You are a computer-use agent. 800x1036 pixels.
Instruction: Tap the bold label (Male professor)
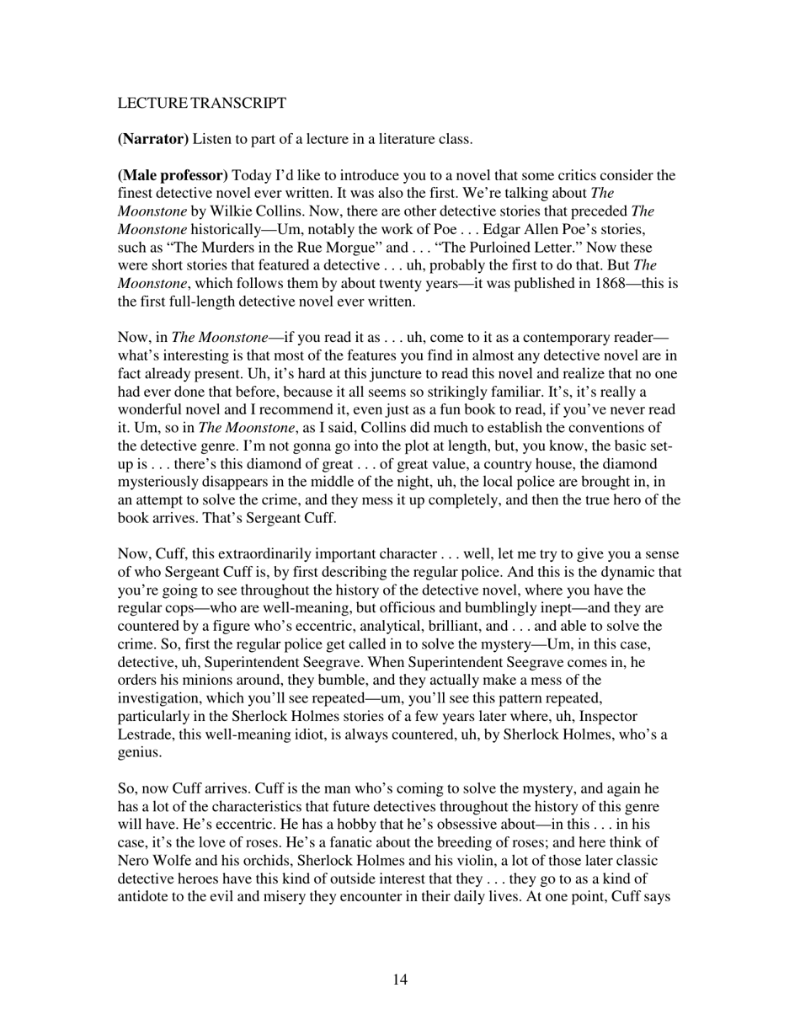coord(173,175)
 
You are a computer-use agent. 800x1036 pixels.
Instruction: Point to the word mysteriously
coord(157,483)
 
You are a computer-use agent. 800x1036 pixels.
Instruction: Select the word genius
coord(140,753)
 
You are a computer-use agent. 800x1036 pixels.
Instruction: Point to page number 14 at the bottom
coord(400,980)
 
